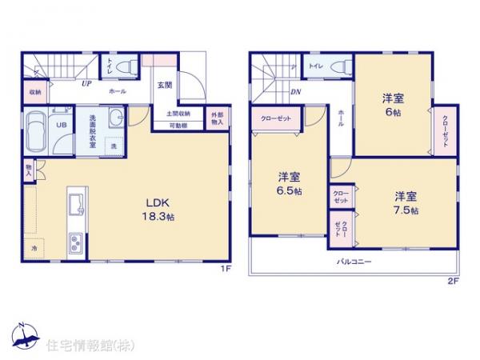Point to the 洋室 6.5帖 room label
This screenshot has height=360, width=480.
pos(290,184)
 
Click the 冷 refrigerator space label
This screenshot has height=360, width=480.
pos(34,248)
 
